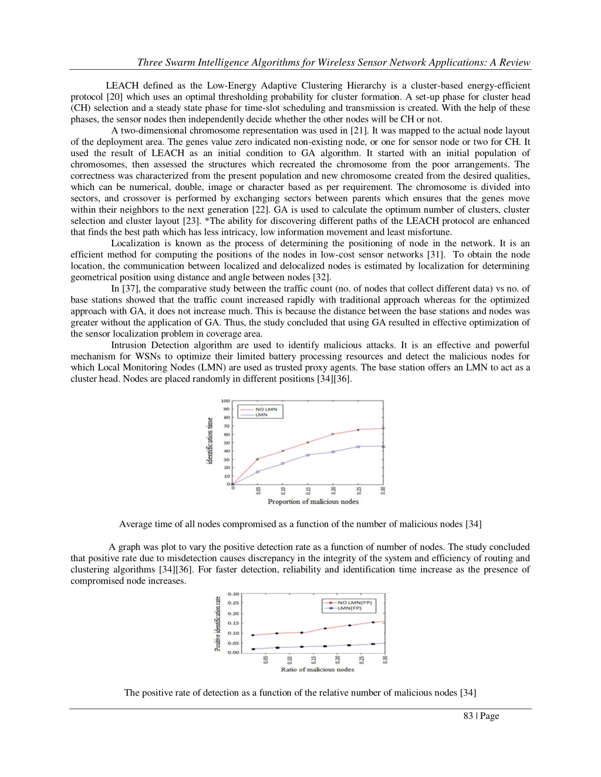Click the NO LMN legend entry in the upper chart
(x=266, y=409)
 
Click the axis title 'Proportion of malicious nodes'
(x=313, y=502)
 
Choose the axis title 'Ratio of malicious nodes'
(x=317, y=670)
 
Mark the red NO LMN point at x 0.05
(x=257, y=459)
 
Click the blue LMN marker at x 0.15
(x=308, y=455)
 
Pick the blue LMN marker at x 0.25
(x=358, y=447)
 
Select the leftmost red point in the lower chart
(x=253, y=635)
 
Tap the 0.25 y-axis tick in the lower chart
(x=234, y=603)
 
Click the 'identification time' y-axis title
(x=210, y=441)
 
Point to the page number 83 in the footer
(x=468, y=716)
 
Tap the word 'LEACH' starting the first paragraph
(x=121, y=86)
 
